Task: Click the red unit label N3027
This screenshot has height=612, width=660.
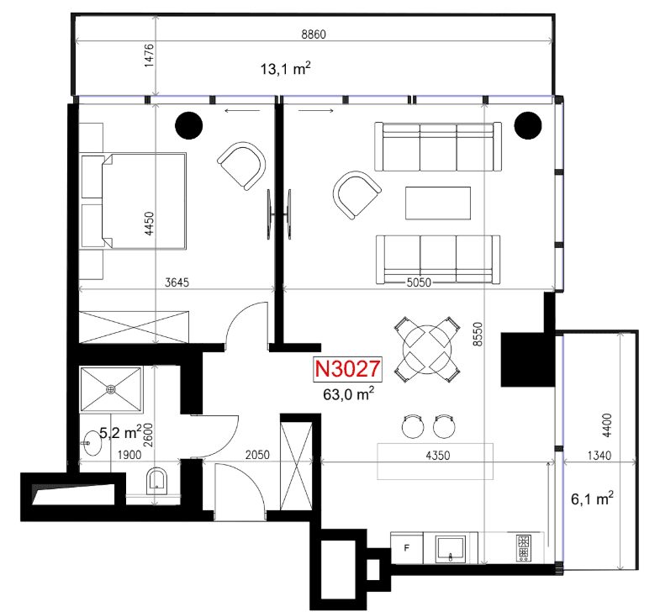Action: point(347,369)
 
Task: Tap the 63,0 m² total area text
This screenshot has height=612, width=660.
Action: point(349,394)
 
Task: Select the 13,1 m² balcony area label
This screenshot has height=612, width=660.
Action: point(285,68)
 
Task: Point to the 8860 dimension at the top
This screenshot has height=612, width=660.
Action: point(314,34)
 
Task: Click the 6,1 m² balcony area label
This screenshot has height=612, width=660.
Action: point(592,499)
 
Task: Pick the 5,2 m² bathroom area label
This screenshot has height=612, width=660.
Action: point(120,432)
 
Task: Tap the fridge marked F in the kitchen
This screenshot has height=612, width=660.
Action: point(407,547)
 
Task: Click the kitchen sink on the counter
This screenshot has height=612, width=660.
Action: point(451,548)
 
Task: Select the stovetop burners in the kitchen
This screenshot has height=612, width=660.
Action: point(524,548)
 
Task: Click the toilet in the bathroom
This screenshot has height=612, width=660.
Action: point(156,481)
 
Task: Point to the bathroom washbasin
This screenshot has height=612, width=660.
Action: point(92,443)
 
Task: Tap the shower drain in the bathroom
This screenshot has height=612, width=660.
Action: point(111,389)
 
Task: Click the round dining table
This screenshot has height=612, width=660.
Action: point(427,350)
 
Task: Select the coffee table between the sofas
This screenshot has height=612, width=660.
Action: point(438,203)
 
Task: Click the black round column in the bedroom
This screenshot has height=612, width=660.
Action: point(189,125)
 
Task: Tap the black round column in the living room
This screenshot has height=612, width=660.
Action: point(528,125)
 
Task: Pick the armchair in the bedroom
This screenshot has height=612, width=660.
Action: point(241,166)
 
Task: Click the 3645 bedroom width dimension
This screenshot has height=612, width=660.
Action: point(177,282)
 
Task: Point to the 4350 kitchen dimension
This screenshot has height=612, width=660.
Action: point(438,456)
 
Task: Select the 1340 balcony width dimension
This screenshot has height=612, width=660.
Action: point(599,456)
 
